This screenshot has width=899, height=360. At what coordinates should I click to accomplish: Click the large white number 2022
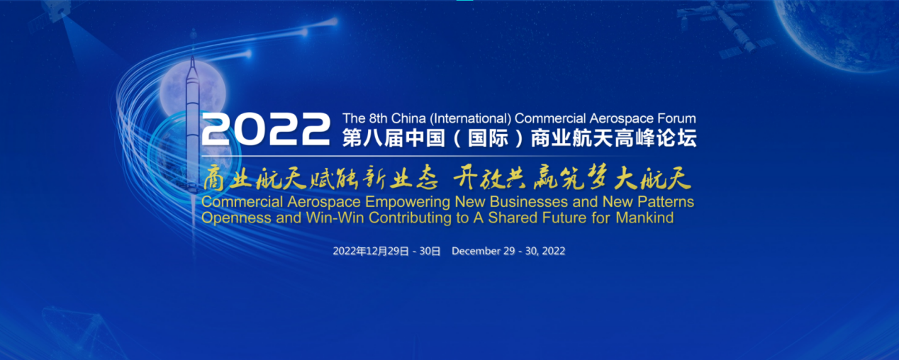pos(266,129)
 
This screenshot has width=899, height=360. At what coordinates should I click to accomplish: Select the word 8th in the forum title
pos(378,118)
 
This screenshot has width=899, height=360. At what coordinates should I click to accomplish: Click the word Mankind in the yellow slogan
pos(644,218)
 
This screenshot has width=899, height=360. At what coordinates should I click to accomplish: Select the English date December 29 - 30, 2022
pos(508,252)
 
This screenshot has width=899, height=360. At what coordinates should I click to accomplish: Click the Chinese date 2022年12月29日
pos(370,252)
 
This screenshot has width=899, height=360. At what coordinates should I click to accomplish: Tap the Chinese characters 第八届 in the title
pos(373,138)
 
